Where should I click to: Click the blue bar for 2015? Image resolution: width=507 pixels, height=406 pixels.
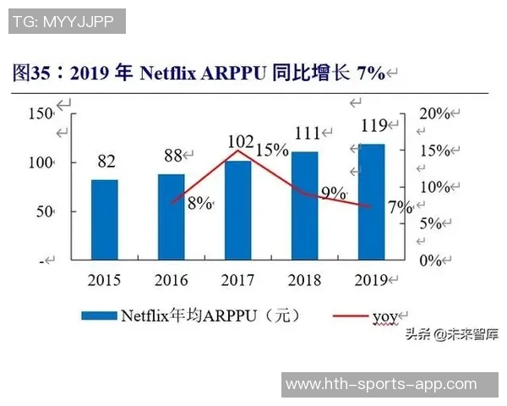pyautogui.click(x=105, y=219)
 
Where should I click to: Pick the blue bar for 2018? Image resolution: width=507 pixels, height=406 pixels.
pyautogui.click(x=305, y=206)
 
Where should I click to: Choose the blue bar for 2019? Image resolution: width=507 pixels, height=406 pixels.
pyautogui.click(x=372, y=201)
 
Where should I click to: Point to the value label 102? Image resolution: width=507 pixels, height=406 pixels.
pyautogui.click(x=242, y=141)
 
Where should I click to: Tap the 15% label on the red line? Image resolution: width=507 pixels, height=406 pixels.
pyautogui.click(x=272, y=150)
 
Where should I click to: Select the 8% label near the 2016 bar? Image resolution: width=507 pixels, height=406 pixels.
pyautogui.click(x=199, y=203)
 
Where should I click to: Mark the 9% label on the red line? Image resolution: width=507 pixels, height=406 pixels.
pyautogui.click(x=334, y=193)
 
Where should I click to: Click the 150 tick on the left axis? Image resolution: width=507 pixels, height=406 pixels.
pyautogui.click(x=39, y=113)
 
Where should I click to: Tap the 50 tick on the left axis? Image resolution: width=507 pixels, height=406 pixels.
pyautogui.click(x=43, y=211)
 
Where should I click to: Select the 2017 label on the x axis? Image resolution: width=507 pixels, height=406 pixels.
pyautogui.click(x=238, y=280)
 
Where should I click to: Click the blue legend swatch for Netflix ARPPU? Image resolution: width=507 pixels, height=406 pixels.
pyautogui.click(x=99, y=316)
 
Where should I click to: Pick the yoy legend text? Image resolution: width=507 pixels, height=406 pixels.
pyautogui.click(x=384, y=316)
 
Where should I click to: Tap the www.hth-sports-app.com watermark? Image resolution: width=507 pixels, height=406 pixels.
pyautogui.click(x=380, y=384)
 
